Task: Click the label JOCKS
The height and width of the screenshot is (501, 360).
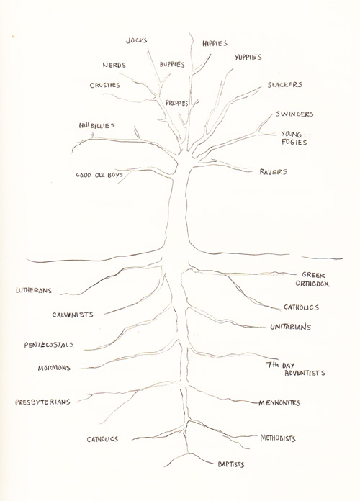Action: pyautogui.click(x=137, y=40)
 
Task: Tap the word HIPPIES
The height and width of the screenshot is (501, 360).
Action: pyautogui.click(x=215, y=43)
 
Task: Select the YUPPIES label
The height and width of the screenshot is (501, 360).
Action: pyautogui.click(x=248, y=57)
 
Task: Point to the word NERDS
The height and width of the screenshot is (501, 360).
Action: pyautogui.click(x=114, y=66)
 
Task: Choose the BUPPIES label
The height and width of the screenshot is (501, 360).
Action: pyautogui.click(x=172, y=65)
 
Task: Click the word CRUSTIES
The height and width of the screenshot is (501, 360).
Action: pyautogui.click(x=105, y=86)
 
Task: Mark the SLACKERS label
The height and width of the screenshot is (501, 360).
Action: pyautogui.click(x=285, y=85)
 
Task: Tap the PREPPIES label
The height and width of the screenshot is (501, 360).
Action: pyautogui.click(x=177, y=103)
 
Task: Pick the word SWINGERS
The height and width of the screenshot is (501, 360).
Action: pyautogui.click(x=294, y=114)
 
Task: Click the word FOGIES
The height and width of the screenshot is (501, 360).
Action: pyautogui.click(x=294, y=143)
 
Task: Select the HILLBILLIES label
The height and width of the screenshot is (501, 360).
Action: pyautogui.click(x=97, y=125)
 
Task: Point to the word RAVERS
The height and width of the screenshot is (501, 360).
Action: pyautogui.click(x=274, y=172)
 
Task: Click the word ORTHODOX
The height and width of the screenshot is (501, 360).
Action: pyautogui.click(x=312, y=284)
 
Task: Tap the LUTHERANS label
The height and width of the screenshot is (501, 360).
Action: pyautogui.click(x=34, y=290)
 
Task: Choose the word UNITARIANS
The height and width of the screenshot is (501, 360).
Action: pyautogui.click(x=291, y=327)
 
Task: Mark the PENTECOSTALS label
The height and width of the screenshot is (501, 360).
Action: pyautogui.click(x=49, y=345)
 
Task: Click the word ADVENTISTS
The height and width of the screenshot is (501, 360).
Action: pyautogui.click(x=305, y=373)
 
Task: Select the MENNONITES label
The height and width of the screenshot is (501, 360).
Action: pyautogui.click(x=279, y=403)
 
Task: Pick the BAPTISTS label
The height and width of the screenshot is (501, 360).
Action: pyautogui.click(x=231, y=464)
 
